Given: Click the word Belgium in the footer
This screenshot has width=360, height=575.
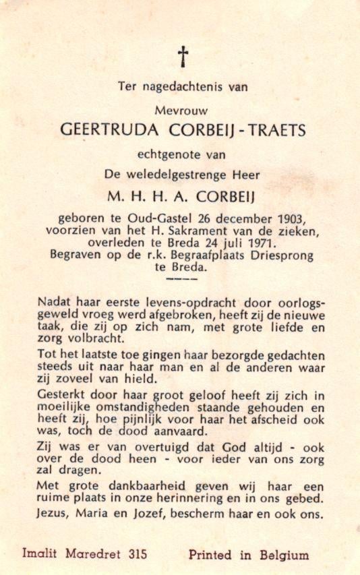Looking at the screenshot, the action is (x=282, y=555).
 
